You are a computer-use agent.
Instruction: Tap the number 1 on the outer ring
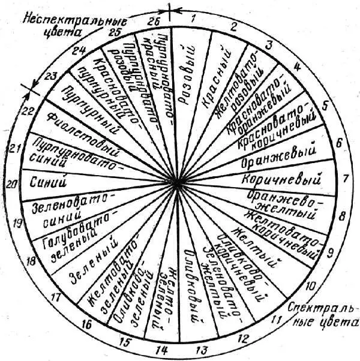point(193,19)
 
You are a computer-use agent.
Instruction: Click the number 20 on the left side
point(10,185)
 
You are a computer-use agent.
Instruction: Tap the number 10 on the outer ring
point(311,287)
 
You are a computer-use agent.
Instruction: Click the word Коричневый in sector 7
point(279,179)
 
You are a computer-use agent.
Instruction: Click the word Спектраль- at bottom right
point(315,308)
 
